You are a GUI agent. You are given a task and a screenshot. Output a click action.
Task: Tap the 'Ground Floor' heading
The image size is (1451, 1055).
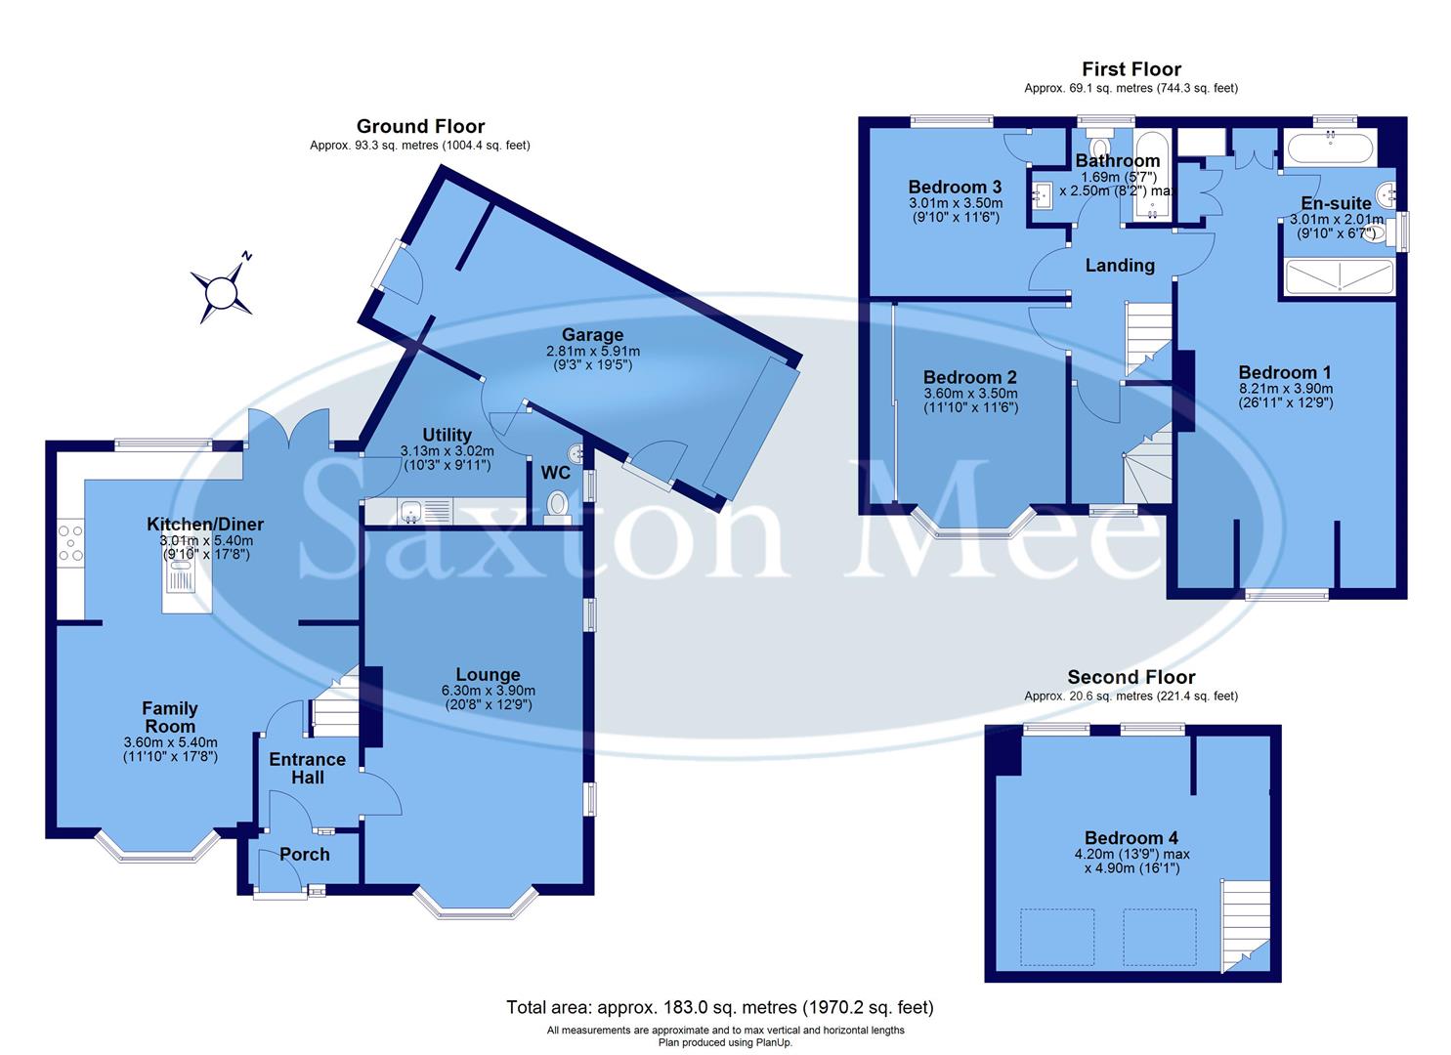click(x=420, y=126)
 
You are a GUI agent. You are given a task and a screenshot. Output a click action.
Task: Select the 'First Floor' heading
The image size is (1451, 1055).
click(x=1131, y=69)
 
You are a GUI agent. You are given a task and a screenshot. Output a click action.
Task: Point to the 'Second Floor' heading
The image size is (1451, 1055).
click(x=1131, y=677)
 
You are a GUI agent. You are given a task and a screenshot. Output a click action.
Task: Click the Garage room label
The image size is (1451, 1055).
click(x=592, y=335)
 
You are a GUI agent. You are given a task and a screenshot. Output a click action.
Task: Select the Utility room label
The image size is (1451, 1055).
click(x=447, y=435)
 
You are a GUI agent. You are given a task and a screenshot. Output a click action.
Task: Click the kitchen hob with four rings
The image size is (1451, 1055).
click(x=70, y=543)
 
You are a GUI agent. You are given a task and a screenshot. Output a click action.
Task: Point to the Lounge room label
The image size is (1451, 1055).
click(x=488, y=674)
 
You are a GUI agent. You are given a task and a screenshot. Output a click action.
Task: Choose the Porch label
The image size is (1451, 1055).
click(x=305, y=854)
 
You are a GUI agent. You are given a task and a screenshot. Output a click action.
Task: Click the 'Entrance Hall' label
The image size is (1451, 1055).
click(x=307, y=769)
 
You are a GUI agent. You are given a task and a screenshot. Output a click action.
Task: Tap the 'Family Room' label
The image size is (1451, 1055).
click(x=170, y=717)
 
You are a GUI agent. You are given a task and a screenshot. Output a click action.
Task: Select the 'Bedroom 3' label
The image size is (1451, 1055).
click(x=955, y=187)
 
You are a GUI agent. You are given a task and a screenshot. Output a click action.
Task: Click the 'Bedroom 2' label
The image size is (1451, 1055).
click(x=970, y=377)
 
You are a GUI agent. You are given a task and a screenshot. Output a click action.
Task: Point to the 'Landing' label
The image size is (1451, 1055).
click(x=1120, y=265)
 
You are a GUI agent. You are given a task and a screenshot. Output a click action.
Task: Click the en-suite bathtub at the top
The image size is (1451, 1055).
click(x=1330, y=149)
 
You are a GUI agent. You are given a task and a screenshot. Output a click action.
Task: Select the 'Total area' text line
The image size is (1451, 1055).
click(x=719, y=1007)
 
